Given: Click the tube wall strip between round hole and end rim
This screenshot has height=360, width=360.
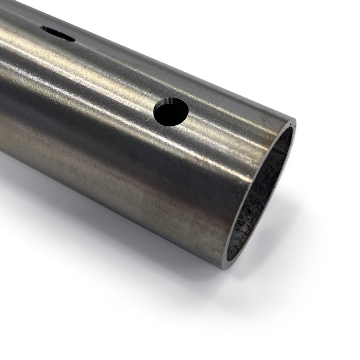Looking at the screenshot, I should click(x=229, y=121).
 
